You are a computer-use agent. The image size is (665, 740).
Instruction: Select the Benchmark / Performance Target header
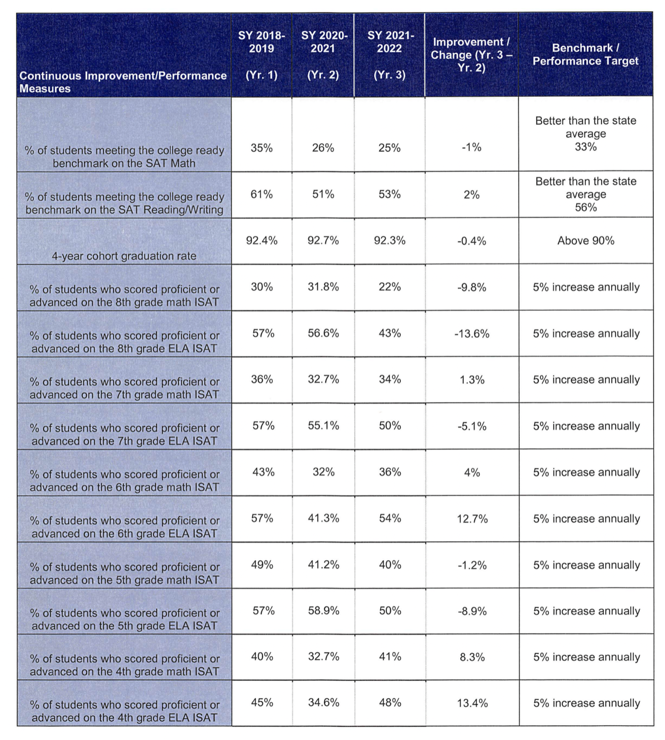pyautogui.click(x=585, y=54)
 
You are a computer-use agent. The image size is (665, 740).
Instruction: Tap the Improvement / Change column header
pyautogui.click(x=471, y=55)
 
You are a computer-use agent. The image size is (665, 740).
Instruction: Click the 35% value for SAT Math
pyautogui.click(x=262, y=148)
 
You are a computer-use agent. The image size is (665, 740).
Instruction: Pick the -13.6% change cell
pyautogui.click(x=472, y=334)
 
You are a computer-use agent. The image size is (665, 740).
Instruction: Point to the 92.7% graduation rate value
pyautogui.click(x=323, y=241)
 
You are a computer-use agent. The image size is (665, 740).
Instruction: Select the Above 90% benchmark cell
pyautogui.click(x=586, y=241)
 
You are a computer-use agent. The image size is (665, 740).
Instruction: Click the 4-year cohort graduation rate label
pyautogui.click(x=124, y=256)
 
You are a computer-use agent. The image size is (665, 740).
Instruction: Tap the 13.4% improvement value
pyautogui.click(x=472, y=703)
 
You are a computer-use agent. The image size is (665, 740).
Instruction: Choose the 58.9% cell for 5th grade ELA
pyautogui.click(x=323, y=611)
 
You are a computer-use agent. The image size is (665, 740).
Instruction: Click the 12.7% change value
pyautogui.click(x=472, y=519)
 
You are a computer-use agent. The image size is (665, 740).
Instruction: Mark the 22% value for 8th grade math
pyautogui.click(x=389, y=287)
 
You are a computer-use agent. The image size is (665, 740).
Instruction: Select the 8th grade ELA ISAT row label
pyautogui.click(x=124, y=342)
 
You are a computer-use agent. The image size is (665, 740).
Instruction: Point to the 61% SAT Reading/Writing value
pyautogui.click(x=262, y=194)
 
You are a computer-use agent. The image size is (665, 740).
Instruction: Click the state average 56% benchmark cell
pyautogui.click(x=586, y=194)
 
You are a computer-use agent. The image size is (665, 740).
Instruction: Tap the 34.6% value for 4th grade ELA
pyautogui.click(x=323, y=702)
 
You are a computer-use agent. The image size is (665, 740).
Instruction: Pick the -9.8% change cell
pyautogui.click(x=472, y=287)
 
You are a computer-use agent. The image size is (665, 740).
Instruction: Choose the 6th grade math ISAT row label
pyautogui.click(x=124, y=480)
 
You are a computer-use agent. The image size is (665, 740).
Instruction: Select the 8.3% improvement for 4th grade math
pyautogui.click(x=472, y=657)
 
